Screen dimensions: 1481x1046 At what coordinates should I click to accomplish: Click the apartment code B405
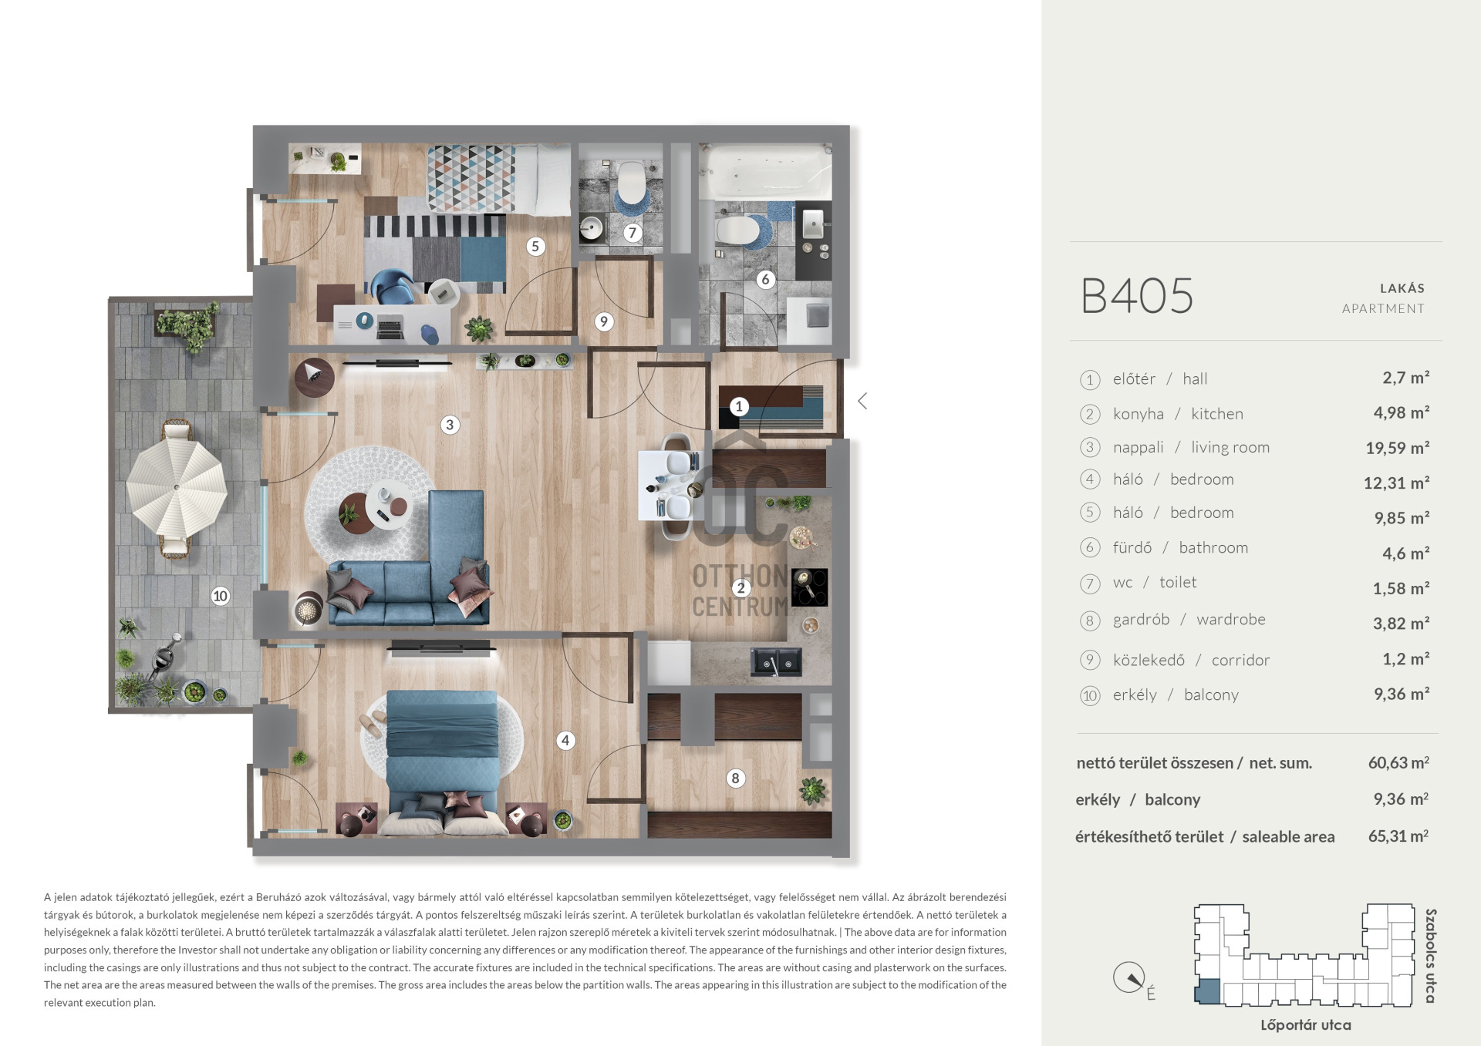coord(1137,296)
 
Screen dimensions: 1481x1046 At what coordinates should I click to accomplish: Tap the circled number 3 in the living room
coord(450,425)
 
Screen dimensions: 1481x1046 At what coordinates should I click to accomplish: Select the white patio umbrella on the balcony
coord(177,487)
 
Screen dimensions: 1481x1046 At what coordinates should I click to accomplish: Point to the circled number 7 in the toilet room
coord(633,232)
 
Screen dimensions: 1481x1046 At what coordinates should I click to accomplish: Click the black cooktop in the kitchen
coord(809,587)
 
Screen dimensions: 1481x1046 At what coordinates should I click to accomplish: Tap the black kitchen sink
coord(777,662)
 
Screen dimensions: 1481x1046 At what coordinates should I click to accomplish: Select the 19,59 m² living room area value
coord(1397,448)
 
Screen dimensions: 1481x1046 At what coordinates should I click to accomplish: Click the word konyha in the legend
coord(1138,414)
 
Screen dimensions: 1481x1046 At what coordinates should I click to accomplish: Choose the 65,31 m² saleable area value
coord(1398,836)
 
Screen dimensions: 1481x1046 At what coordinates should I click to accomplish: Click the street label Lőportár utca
coord(1305,1025)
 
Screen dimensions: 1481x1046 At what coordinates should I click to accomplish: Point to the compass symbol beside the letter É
coord(1129,978)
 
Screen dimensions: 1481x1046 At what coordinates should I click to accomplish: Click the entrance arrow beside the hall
coord(862,401)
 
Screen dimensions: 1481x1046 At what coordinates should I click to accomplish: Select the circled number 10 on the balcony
coord(221,596)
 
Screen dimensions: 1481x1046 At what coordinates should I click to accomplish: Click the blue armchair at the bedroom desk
coord(394,287)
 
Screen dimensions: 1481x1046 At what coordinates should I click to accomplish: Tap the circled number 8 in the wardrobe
coord(735,779)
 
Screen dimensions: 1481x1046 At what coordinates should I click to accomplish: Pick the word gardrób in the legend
coord(1141,620)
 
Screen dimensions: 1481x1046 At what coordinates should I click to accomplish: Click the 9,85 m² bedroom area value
coord(1402,518)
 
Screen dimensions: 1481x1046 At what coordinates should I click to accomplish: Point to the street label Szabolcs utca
coord(1430,956)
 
